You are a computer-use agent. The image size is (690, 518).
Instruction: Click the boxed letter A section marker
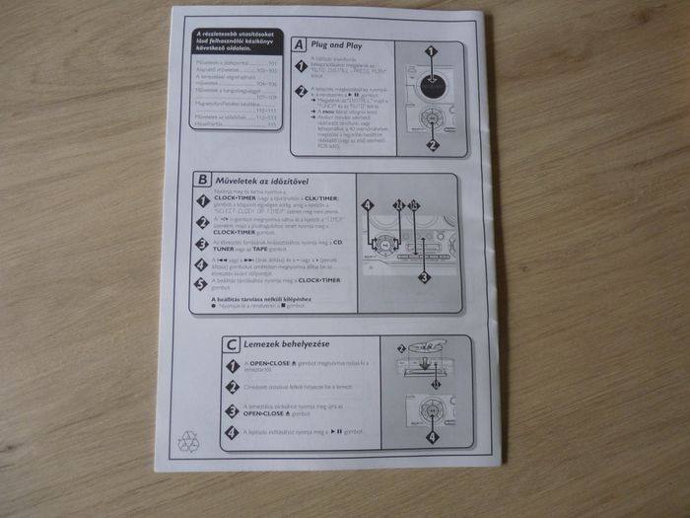[299, 44]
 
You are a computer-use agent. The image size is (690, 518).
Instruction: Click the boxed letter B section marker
[202, 180]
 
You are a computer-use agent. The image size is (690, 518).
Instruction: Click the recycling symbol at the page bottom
[188, 443]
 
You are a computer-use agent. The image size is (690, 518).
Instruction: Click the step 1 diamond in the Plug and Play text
[302, 65]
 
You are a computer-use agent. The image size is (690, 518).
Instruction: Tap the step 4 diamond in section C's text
[232, 431]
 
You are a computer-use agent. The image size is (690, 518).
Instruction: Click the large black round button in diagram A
[430, 84]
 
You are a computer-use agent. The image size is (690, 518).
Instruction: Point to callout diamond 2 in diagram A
[431, 144]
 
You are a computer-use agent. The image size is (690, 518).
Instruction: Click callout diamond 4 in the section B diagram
[367, 206]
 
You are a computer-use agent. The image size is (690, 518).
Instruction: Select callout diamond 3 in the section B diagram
[424, 277]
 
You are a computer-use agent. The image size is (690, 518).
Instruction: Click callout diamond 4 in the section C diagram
[431, 435]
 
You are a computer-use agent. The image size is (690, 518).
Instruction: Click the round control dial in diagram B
[379, 240]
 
